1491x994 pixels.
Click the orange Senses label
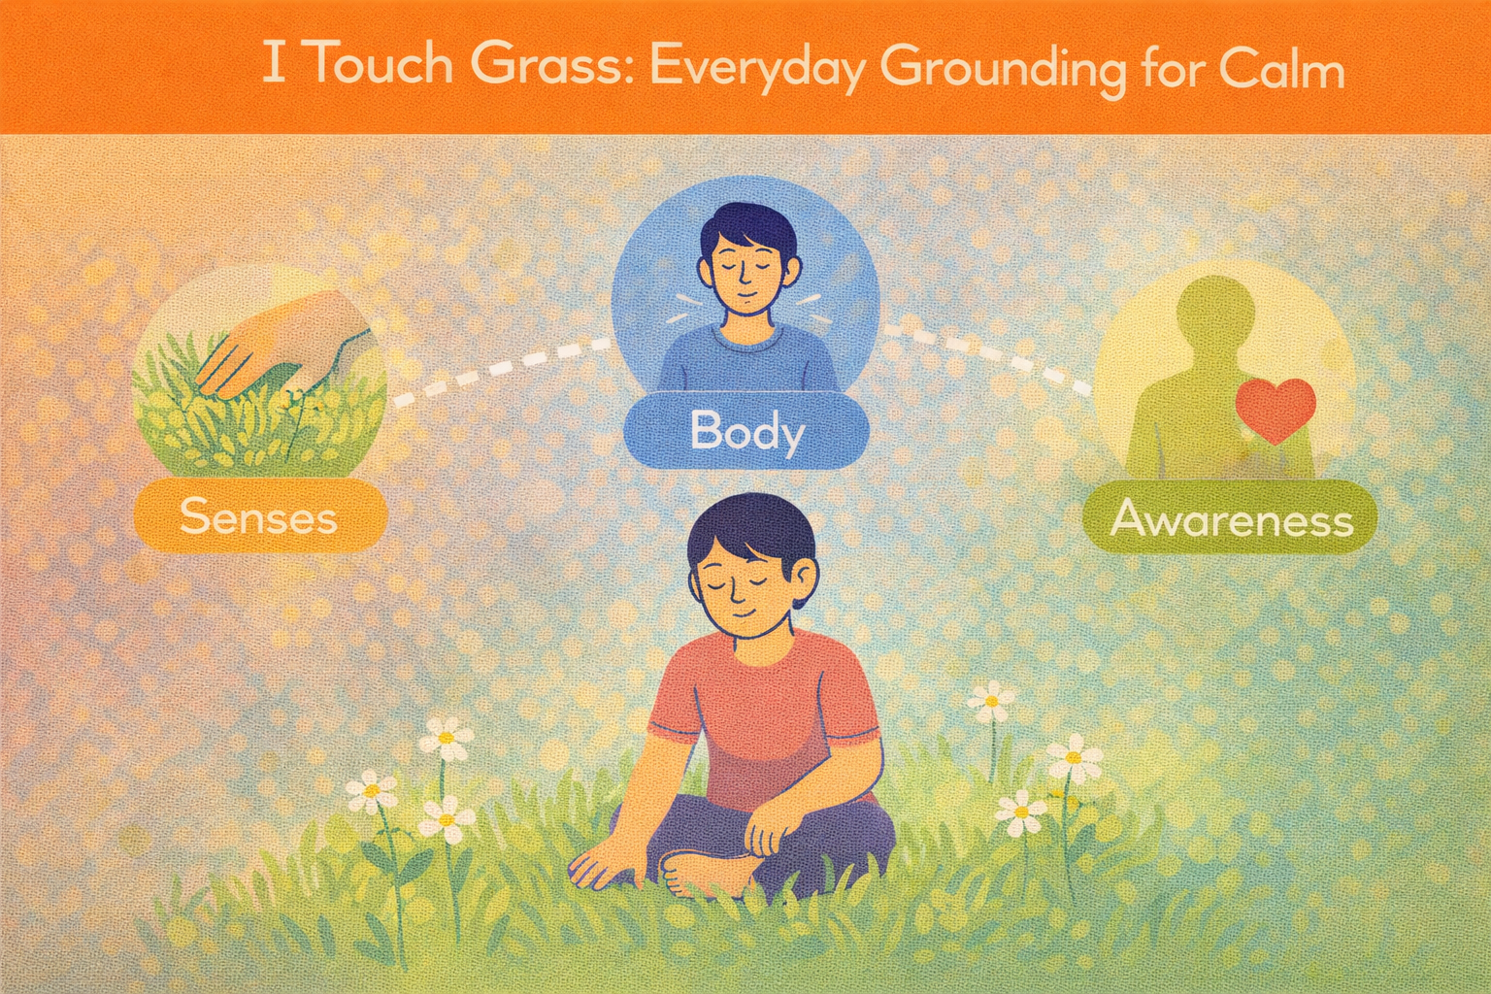[258, 515]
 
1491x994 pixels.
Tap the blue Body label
[746, 430]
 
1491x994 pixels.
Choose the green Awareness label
[1231, 519]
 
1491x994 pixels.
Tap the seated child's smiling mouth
[741, 614]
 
